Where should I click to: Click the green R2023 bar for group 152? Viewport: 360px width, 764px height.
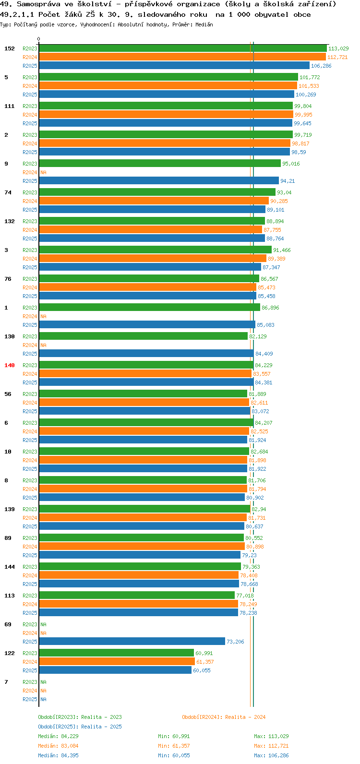[183, 48]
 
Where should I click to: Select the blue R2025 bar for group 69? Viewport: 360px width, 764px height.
[132, 642]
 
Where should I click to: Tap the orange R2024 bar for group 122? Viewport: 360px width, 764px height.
[117, 662]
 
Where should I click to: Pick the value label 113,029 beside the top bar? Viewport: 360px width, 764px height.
[338, 48]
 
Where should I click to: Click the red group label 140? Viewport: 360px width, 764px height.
[10, 365]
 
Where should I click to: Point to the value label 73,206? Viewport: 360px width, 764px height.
[236, 642]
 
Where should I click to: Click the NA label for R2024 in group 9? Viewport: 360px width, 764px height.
[43, 172]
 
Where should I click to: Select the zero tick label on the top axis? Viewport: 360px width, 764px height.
[38, 39]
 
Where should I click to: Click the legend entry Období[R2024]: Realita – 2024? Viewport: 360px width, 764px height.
[224, 717]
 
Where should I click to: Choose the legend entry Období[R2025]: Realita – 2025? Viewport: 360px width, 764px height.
[80, 727]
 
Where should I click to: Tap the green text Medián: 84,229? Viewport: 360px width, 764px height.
[59, 736]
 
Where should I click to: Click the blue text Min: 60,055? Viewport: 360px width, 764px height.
[174, 755]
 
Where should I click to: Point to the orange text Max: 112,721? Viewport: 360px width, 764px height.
[271, 746]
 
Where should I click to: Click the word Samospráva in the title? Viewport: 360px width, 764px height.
[38, 4]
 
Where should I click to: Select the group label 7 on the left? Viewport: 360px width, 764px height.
[6, 682]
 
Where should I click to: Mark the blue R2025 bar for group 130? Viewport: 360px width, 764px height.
[146, 354]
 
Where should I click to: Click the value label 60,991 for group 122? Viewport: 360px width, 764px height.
[204, 653]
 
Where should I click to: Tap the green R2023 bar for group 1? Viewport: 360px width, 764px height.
[149, 308]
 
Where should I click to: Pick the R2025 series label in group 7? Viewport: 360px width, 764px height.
[30, 699]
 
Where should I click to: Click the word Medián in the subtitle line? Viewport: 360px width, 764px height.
[204, 24]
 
